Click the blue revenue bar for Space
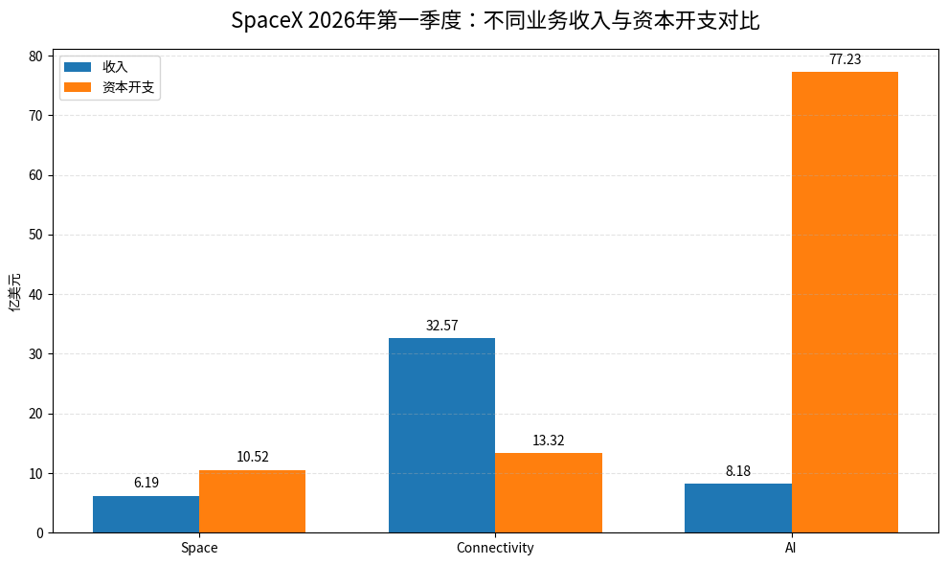(147, 514)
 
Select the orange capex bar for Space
(253, 502)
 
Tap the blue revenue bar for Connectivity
(442, 435)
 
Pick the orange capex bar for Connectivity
(549, 493)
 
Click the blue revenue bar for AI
(738, 508)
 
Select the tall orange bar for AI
(845, 303)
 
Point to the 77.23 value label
(845, 59)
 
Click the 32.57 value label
(442, 326)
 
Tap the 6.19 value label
(147, 483)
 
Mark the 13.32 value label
(549, 441)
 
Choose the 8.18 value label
(738, 471)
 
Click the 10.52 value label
(253, 457)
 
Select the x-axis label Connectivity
(495, 548)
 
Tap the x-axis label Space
(199, 548)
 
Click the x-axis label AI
(791, 548)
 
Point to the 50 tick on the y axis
(35, 235)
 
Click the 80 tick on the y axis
(35, 56)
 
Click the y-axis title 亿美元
(14, 292)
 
